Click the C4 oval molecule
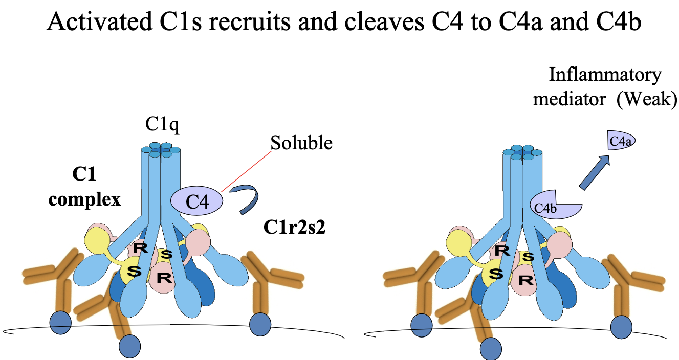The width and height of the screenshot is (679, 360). tap(197, 201)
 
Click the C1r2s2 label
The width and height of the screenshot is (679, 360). tap(295, 227)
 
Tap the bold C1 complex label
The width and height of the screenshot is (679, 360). tap(84, 186)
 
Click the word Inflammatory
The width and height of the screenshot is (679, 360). tap(605, 75)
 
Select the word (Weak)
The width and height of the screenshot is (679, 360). tap(646, 98)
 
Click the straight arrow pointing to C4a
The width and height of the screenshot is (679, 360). tap(594, 172)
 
